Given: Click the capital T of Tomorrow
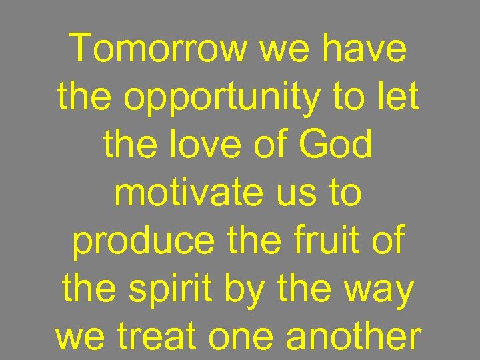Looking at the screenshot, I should click(x=82, y=48).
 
